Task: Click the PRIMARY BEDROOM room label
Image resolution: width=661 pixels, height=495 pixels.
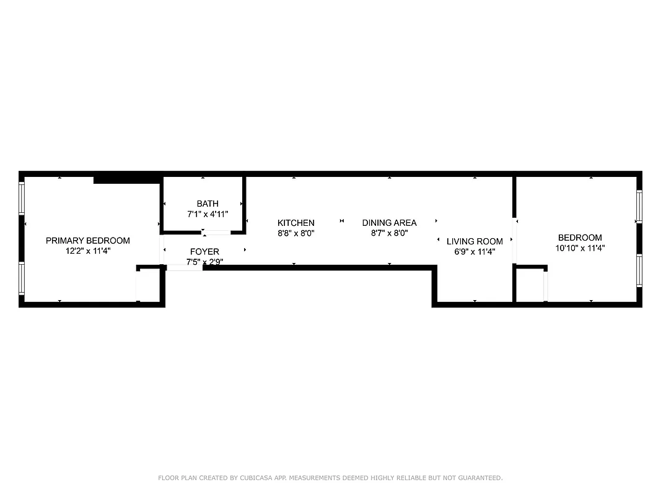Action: click(x=88, y=241)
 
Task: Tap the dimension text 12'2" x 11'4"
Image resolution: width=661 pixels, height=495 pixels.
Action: click(x=88, y=251)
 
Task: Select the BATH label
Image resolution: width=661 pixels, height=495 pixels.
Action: click(x=208, y=204)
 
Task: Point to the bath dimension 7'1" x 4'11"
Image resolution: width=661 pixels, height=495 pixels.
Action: click(x=208, y=214)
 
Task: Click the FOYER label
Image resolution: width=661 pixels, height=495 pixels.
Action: click(x=204, y=252)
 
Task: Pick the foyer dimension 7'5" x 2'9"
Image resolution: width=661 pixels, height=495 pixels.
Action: click(x=204, y=262)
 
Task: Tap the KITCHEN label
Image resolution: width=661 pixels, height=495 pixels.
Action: click(x=295, y=223)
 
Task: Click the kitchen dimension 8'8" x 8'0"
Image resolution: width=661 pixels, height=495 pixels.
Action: click(x=295, y=233)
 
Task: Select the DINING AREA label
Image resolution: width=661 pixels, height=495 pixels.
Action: click(x=389, y=223)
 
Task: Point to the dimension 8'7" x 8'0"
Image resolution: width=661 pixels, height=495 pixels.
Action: click(x=389, y=233)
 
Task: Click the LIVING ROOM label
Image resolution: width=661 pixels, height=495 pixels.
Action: click(x=475, y=241)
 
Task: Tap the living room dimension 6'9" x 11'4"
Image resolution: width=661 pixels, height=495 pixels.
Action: click(x=475, y=252)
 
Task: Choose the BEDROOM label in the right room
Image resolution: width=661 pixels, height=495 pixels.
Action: click(x=580, y=238)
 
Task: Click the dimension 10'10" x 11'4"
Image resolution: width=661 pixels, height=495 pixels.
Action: click(x=580, y=248)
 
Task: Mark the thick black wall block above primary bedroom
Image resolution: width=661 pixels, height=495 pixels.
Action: click(x=126, y=180)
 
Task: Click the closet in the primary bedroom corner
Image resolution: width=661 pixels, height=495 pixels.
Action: click(x=149, y=285)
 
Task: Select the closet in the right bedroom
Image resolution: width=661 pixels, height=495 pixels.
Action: click(x=530, y=285)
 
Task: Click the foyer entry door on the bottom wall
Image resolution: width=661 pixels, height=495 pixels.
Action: click(x=185, y=268)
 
